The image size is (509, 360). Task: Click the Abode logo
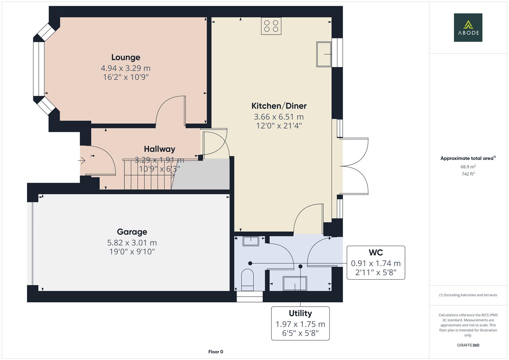[x=468, y=27]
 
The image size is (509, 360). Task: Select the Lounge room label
[x=126, y=57]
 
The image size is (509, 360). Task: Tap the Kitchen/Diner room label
[x=279, y=106]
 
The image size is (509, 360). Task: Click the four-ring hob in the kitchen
[x=271, y=26]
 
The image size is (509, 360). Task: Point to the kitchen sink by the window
[x=323, y=54]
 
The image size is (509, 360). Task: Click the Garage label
[x=132, y=232]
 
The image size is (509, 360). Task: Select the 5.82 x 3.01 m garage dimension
[x=132, y=243]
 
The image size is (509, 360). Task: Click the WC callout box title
[x=376, y=253]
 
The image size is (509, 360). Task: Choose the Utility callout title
[x=300, y=313]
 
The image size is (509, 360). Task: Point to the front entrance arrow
[x=82, y=161]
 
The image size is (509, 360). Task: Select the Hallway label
[x=159, y=149]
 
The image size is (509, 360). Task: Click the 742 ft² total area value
[x=468, y=174]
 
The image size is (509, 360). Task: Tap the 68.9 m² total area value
[x=468, y=167]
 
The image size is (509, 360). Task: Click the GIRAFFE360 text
[x=468, y=345]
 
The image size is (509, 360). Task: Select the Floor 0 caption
[x=216, y=352]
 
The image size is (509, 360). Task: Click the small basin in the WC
[x=251, y=241]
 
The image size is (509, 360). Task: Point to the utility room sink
[x=295, y=283]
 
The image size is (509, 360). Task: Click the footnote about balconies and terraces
[x=468, y=295]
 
